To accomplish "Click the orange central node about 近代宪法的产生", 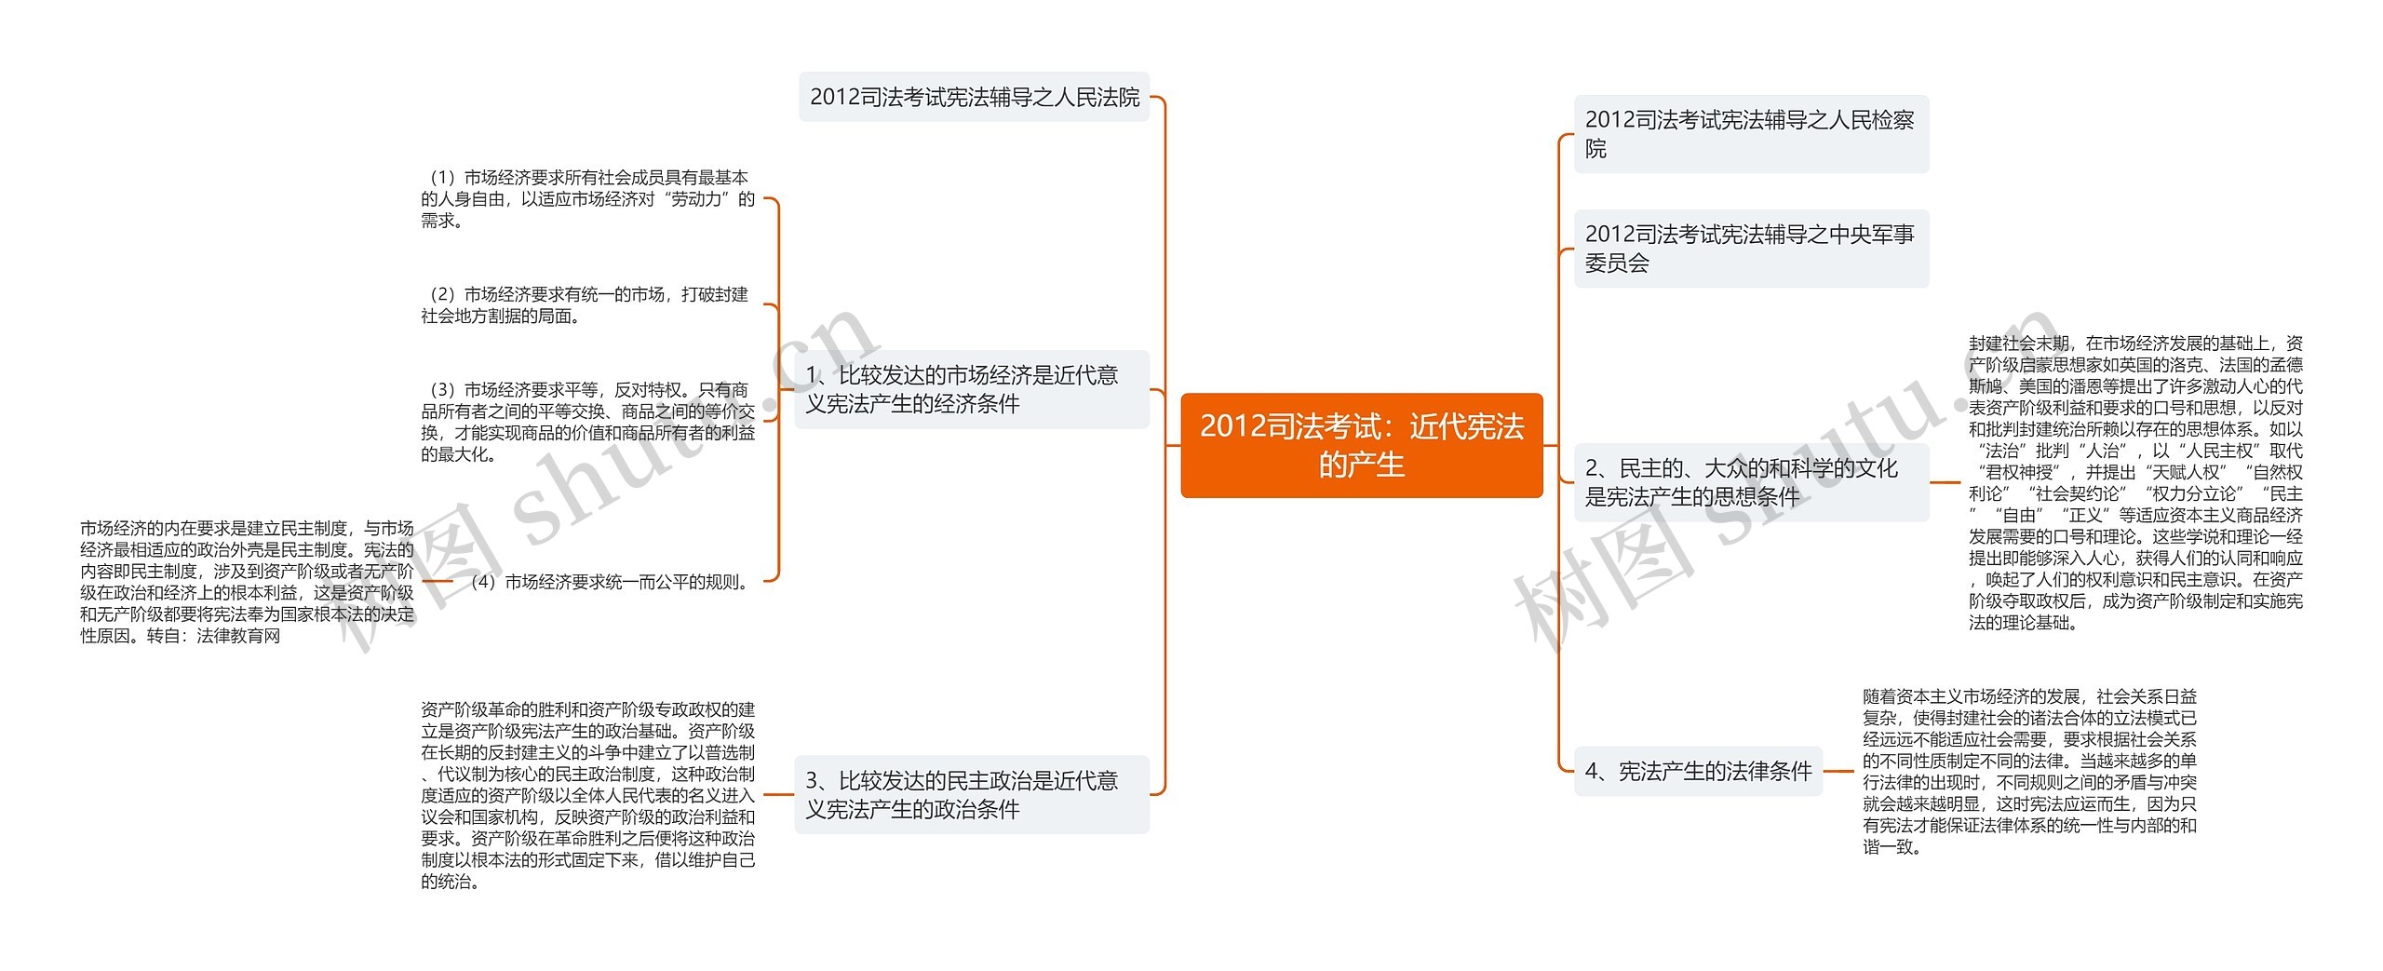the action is (1361, 445).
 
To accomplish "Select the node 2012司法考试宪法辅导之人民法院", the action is (974, 97).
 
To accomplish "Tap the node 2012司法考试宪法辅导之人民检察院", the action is (1750, 133).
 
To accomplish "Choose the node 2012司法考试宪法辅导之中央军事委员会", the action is (1750, 249).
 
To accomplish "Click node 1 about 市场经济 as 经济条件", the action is (972, 389).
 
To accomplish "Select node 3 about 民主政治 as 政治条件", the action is (972, 794).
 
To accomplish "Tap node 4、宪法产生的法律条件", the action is (1698, 771).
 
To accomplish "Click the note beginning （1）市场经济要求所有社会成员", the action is (587, 198).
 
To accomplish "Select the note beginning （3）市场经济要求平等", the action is (587, 422).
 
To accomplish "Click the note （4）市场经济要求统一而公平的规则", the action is (610, 582).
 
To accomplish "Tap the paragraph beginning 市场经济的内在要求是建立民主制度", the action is (247, 571).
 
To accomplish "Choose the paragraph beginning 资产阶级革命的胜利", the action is (587, 795).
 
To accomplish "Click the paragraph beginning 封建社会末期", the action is (2135, 482).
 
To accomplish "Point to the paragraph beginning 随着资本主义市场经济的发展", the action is (2029, 771).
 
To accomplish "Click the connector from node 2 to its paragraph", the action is (1945, 482).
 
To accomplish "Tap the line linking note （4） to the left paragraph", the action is (438, 581).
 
